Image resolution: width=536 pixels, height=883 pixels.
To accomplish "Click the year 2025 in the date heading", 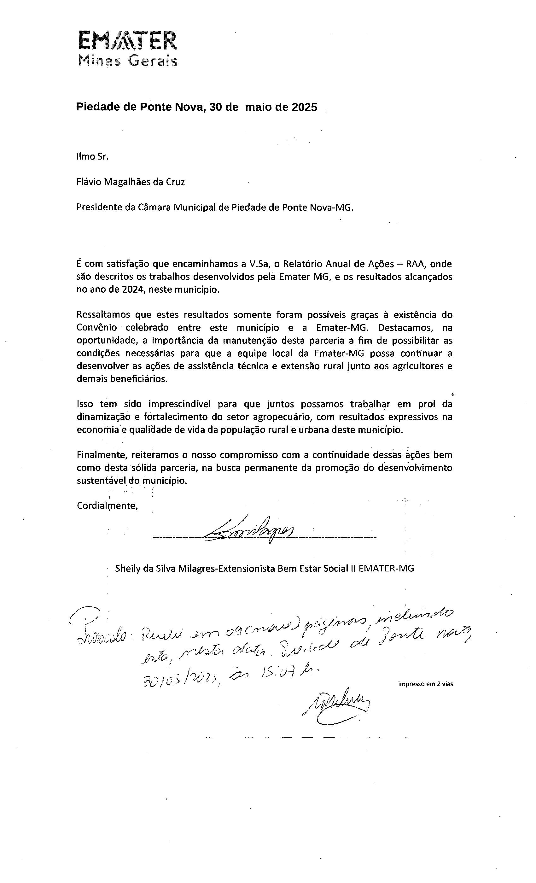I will [304, 107].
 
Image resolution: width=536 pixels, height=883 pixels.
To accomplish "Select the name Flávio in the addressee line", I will [89, 182].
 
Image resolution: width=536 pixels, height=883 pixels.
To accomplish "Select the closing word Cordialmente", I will [107, 506].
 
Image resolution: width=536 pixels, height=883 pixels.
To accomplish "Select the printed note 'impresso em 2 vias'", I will [425, 684].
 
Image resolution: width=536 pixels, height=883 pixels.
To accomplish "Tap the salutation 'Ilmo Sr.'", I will [92, 157].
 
